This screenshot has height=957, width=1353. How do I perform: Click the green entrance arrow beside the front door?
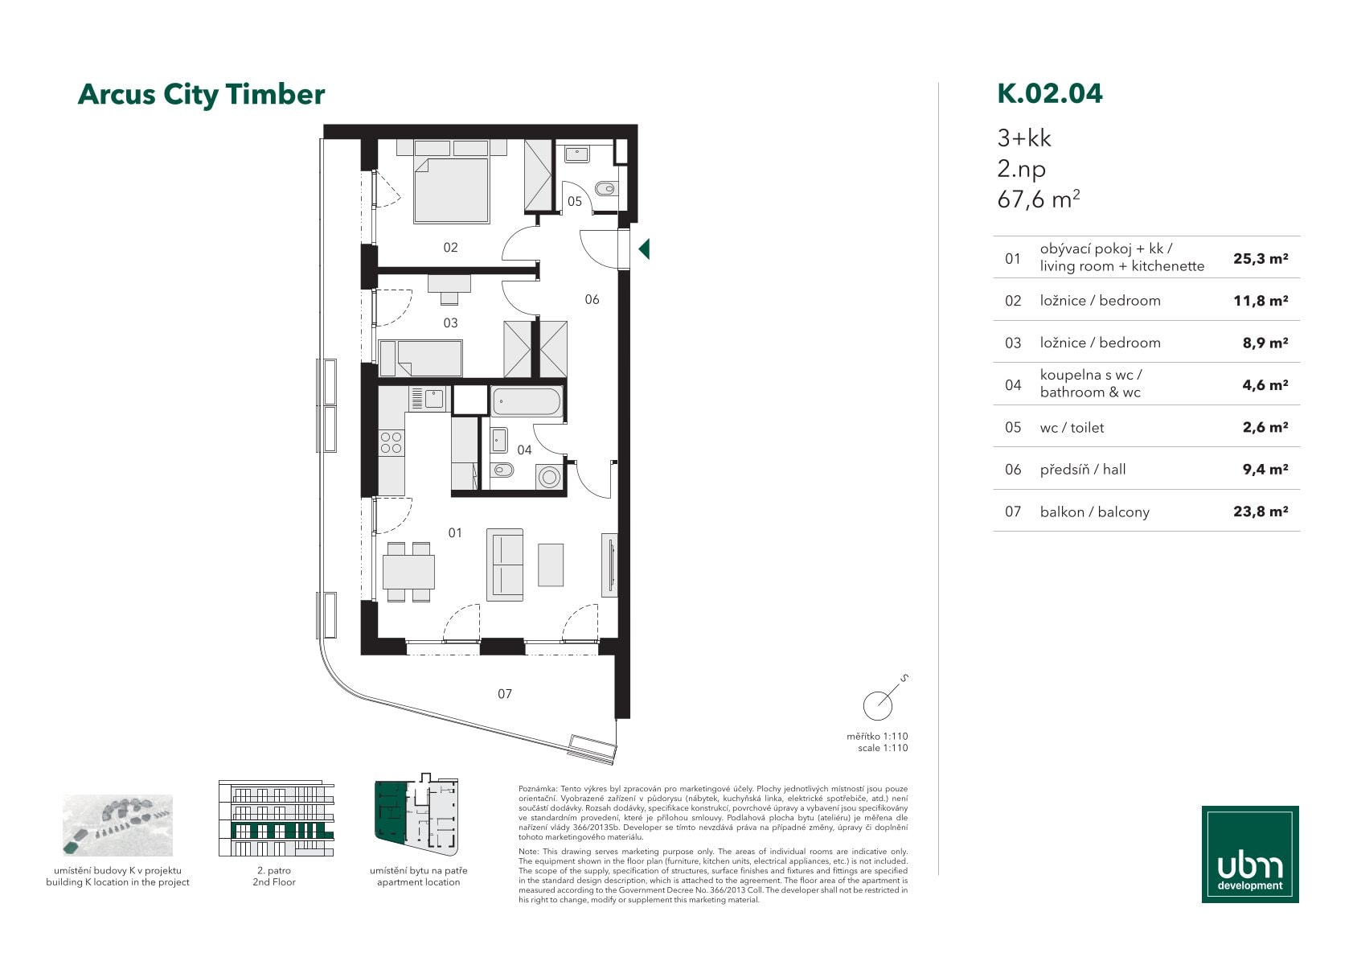645,249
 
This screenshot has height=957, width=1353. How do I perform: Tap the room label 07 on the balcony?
504,694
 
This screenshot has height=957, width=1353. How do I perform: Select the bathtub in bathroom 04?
527,402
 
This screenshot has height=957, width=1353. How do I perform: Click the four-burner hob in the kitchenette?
391,443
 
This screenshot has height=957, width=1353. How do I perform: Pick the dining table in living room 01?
408,572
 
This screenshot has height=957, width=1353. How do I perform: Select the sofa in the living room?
505,565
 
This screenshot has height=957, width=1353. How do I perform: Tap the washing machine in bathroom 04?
549,477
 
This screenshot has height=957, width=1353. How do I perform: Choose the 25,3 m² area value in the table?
1261,259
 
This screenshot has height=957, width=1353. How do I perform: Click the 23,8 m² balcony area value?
1261,511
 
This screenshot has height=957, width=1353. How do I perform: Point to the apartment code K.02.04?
1050,93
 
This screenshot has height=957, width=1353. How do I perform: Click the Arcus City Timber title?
201,95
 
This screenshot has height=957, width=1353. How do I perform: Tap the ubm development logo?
1250,854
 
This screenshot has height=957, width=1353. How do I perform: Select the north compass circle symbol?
878,705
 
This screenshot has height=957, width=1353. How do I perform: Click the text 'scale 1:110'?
883,748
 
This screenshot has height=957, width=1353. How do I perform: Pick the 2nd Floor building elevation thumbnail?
276,818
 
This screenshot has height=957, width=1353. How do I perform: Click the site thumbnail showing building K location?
118,825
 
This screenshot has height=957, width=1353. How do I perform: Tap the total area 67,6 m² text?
1039,199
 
